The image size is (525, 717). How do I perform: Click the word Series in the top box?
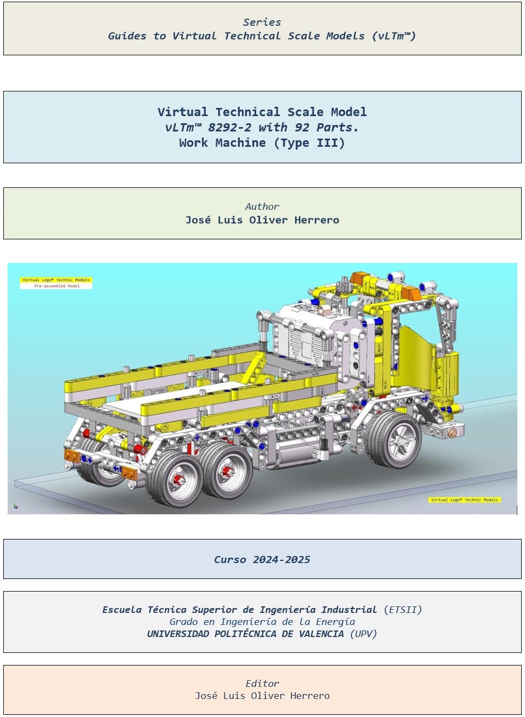(262, 22)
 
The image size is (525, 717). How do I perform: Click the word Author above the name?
(262, 207)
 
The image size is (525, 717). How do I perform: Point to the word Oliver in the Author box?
(268, 220)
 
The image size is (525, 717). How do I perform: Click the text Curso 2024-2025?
(262, 560)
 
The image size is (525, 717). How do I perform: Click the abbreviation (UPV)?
(364, 634)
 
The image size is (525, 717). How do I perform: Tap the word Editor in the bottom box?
(262, 684)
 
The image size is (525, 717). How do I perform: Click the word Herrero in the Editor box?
(310, 696)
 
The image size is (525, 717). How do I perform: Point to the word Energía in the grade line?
(335, 622)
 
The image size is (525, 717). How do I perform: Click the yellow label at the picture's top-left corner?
(56, 280)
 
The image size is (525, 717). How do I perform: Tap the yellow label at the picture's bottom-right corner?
(464, 500)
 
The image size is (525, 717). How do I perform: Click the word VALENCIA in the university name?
(321, 634)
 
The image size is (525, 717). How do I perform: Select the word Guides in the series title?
(127, 36)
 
